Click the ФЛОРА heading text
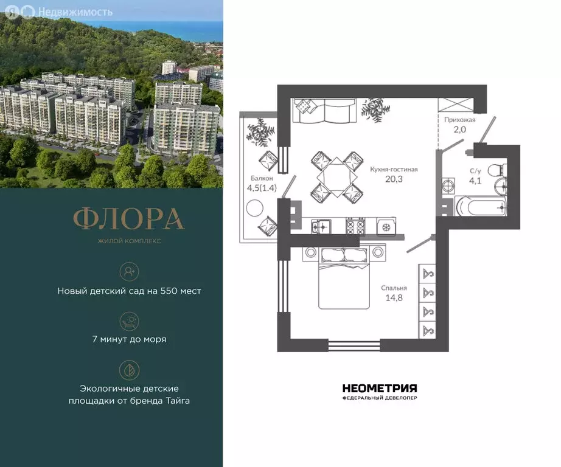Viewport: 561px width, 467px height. coord(128,220)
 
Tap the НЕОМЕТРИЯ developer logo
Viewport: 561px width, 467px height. coord(379,389)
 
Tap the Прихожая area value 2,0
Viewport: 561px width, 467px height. coord(459,130)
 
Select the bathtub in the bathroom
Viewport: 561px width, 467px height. coord(481,207)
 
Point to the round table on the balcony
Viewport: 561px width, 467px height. coord(254,207)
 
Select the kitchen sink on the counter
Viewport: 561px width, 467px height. coord(321,226)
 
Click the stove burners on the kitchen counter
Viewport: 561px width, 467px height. coord(355,226)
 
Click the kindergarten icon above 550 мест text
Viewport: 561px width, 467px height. coord(129,271)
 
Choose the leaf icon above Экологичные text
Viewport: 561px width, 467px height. coord(129,369)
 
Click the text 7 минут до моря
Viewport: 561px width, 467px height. coord(129,339)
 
